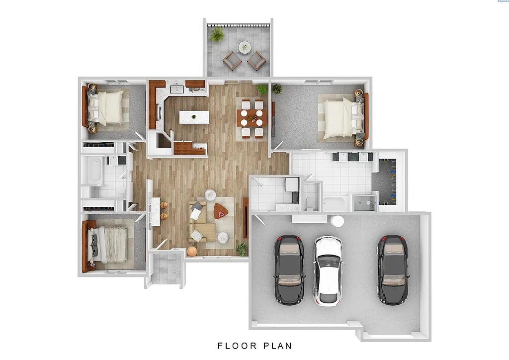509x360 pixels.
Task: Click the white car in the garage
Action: point(328,270)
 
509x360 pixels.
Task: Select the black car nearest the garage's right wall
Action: point(392,269)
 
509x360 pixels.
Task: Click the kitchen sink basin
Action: point(177,90)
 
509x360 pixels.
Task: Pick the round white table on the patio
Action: point(245,48)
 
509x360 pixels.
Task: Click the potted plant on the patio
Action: point(217,35)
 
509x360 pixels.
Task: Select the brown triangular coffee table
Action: point(221,212)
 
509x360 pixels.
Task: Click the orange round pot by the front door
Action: point(192,251)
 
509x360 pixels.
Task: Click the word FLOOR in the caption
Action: point(237,346)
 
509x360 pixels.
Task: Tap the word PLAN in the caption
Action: point(276,346)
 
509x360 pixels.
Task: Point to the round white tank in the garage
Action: point(338,221)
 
